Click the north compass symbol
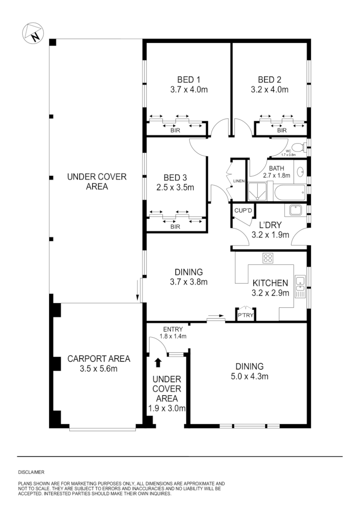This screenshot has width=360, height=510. click(x=33, y=33)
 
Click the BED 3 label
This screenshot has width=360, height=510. click(x=175, y=178)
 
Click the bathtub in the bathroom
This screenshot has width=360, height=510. click(x=290, y=193)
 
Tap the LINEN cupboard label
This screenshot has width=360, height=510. click(x=238, y=181)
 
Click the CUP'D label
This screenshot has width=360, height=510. click(x=243, y=211)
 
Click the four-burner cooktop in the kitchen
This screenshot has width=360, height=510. click(x=268, y=258)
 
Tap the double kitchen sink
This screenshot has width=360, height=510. click(x=300, y=286)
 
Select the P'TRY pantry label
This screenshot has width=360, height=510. click(x=245, y=315)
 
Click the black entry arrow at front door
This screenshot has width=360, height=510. click(x=158, y=362)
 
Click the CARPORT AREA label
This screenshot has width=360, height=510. click(x=99, y=358)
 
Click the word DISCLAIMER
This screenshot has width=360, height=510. click(x=31, y=472)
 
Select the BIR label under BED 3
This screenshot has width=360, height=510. click(x=175, y=227)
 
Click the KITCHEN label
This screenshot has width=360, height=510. click(x=270, y=283)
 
